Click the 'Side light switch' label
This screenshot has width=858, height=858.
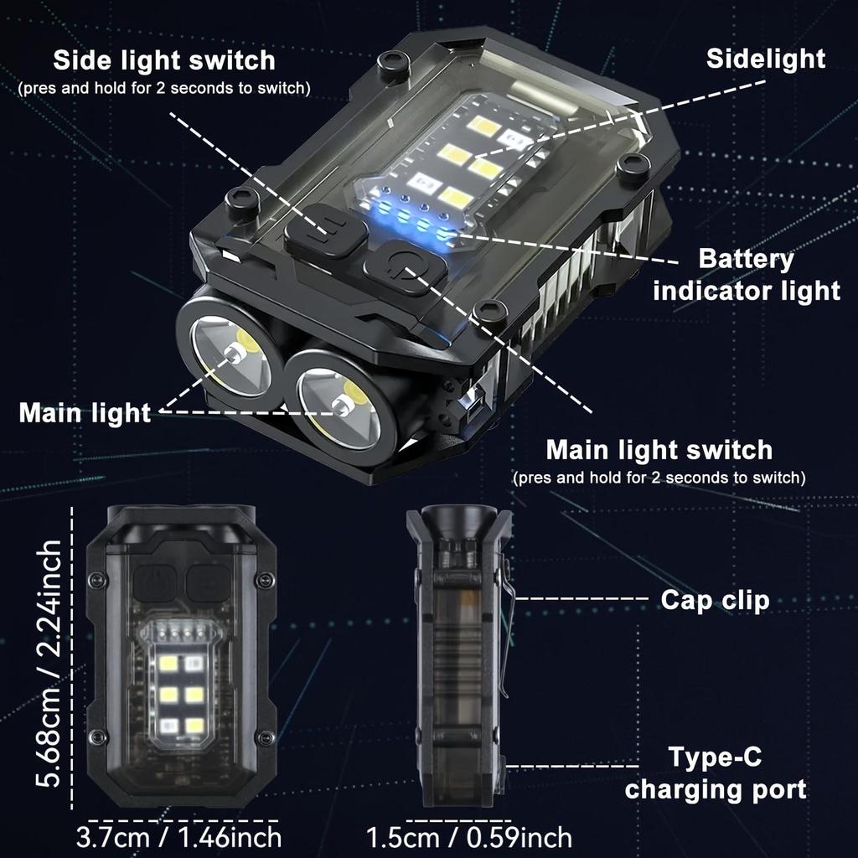163,60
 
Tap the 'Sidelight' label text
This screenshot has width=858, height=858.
765,58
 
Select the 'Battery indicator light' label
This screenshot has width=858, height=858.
746,275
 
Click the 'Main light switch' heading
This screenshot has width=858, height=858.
659,450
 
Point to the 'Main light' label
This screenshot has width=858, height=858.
85,413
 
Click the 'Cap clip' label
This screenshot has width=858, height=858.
715,600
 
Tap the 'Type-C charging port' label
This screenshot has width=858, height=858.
716,773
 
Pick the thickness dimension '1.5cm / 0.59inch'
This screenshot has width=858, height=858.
469,836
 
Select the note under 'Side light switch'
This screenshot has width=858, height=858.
163,88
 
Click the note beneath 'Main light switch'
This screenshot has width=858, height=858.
659,478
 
